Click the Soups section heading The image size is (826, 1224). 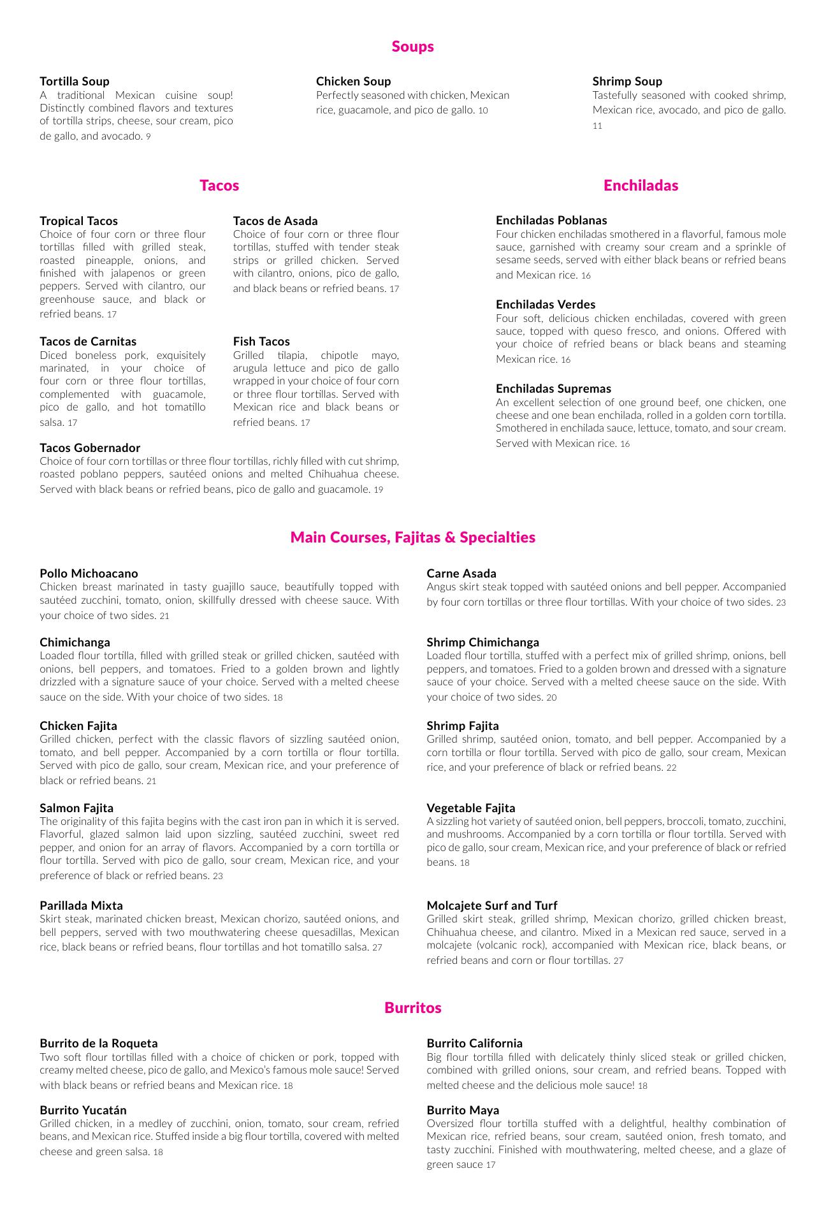412,47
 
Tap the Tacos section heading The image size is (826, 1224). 219,186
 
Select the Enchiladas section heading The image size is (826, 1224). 641,186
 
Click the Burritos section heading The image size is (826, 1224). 412,1008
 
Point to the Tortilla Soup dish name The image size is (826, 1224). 75,81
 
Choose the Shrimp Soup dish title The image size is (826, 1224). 627,81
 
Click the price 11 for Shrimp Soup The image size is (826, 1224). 597,126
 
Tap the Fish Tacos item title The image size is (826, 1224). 261,341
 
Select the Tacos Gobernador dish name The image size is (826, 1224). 90,448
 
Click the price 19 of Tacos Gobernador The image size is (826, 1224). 379,490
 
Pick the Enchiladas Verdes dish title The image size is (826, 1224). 546,304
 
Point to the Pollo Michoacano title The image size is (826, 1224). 89,573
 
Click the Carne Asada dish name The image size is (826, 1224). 461,573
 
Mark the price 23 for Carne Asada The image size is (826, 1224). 781,602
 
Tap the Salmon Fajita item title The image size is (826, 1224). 76,808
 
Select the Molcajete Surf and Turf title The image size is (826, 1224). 492,905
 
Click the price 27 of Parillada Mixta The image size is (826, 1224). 377,948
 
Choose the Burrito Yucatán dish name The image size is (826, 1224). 83,1110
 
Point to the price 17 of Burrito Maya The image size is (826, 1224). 490,1165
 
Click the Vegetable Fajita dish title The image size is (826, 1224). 471,808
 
